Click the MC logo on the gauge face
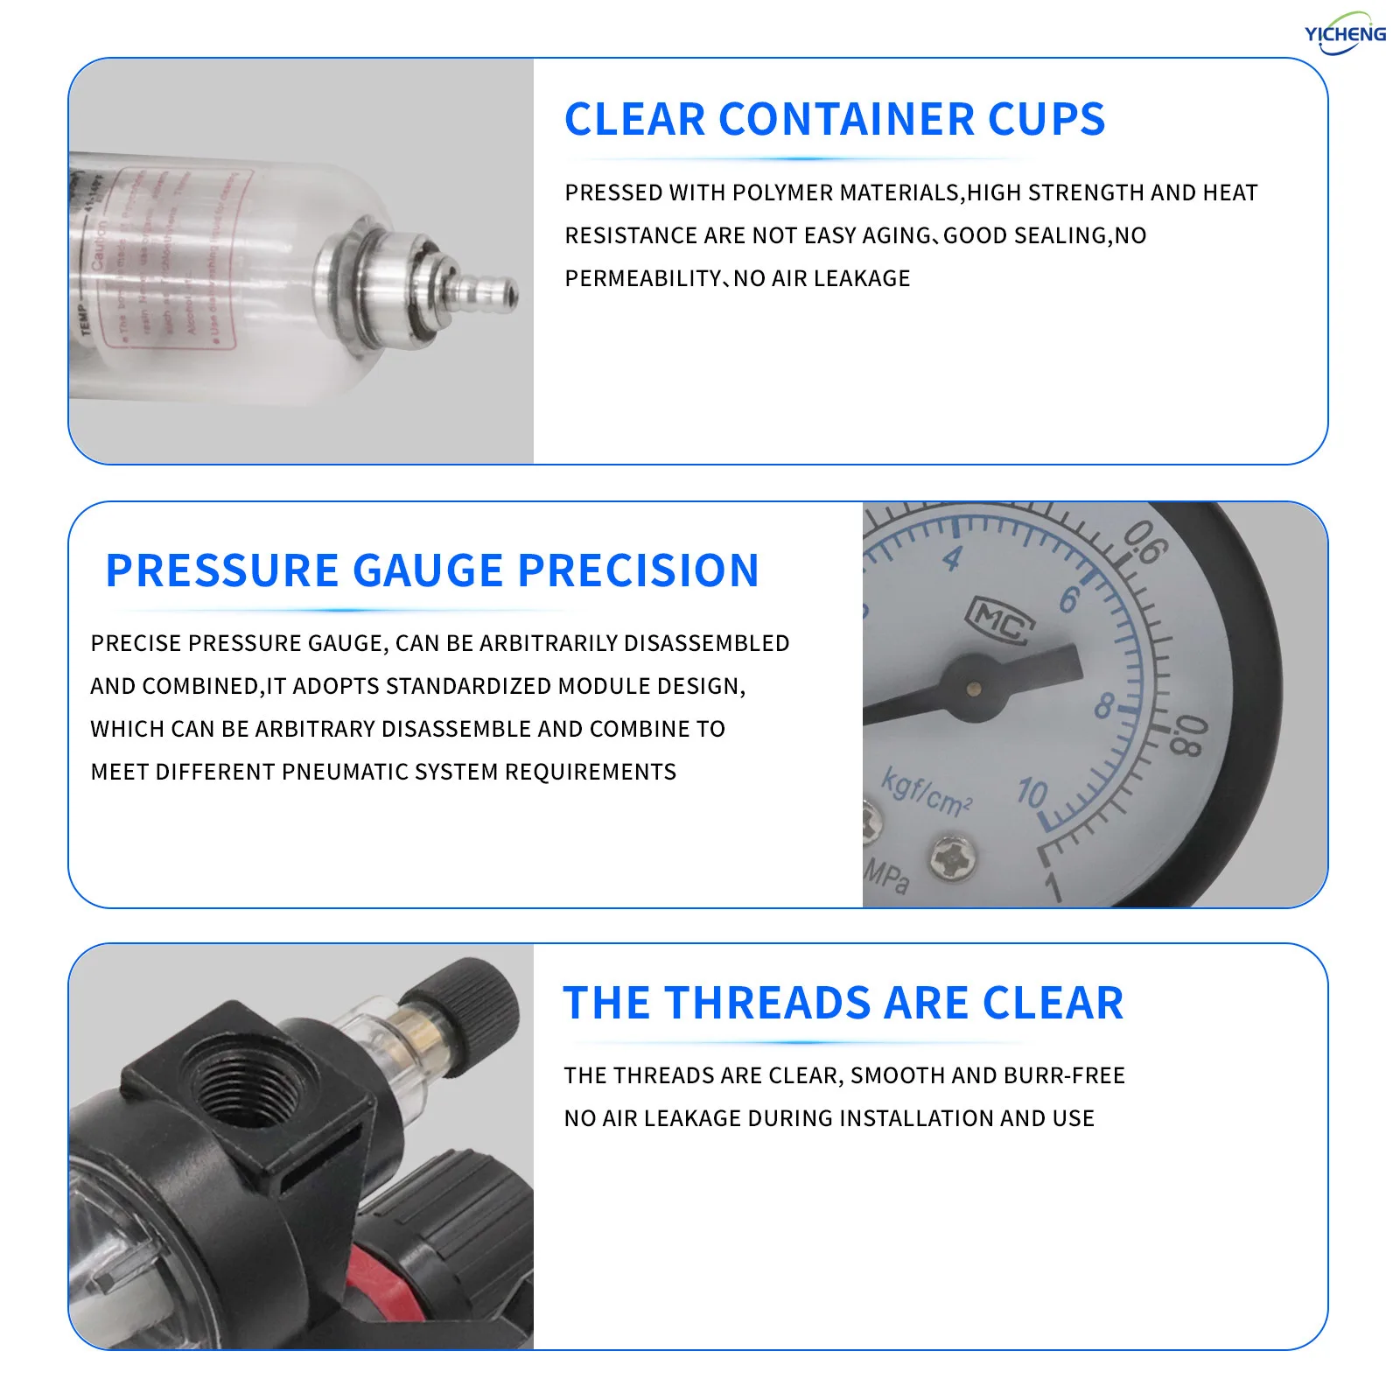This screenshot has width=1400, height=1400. pyautogui.click(x=1000, y=621)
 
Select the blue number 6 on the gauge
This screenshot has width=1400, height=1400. pyautogui.click(x=1069, y=599)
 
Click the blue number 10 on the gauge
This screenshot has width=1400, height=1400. pyautogui.click(x=1032, y=793)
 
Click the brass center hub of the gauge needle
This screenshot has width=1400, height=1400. pyautogui.click(x=973, y=689)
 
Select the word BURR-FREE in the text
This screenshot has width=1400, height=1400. pyautogui.click(x=1074, y=1075)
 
